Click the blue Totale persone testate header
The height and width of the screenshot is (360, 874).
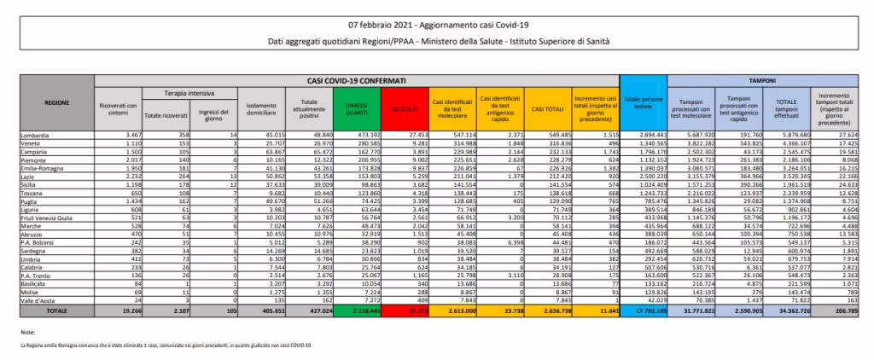(x=643, y=104)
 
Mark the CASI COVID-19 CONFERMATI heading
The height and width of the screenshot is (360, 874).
(x=356, y=79)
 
